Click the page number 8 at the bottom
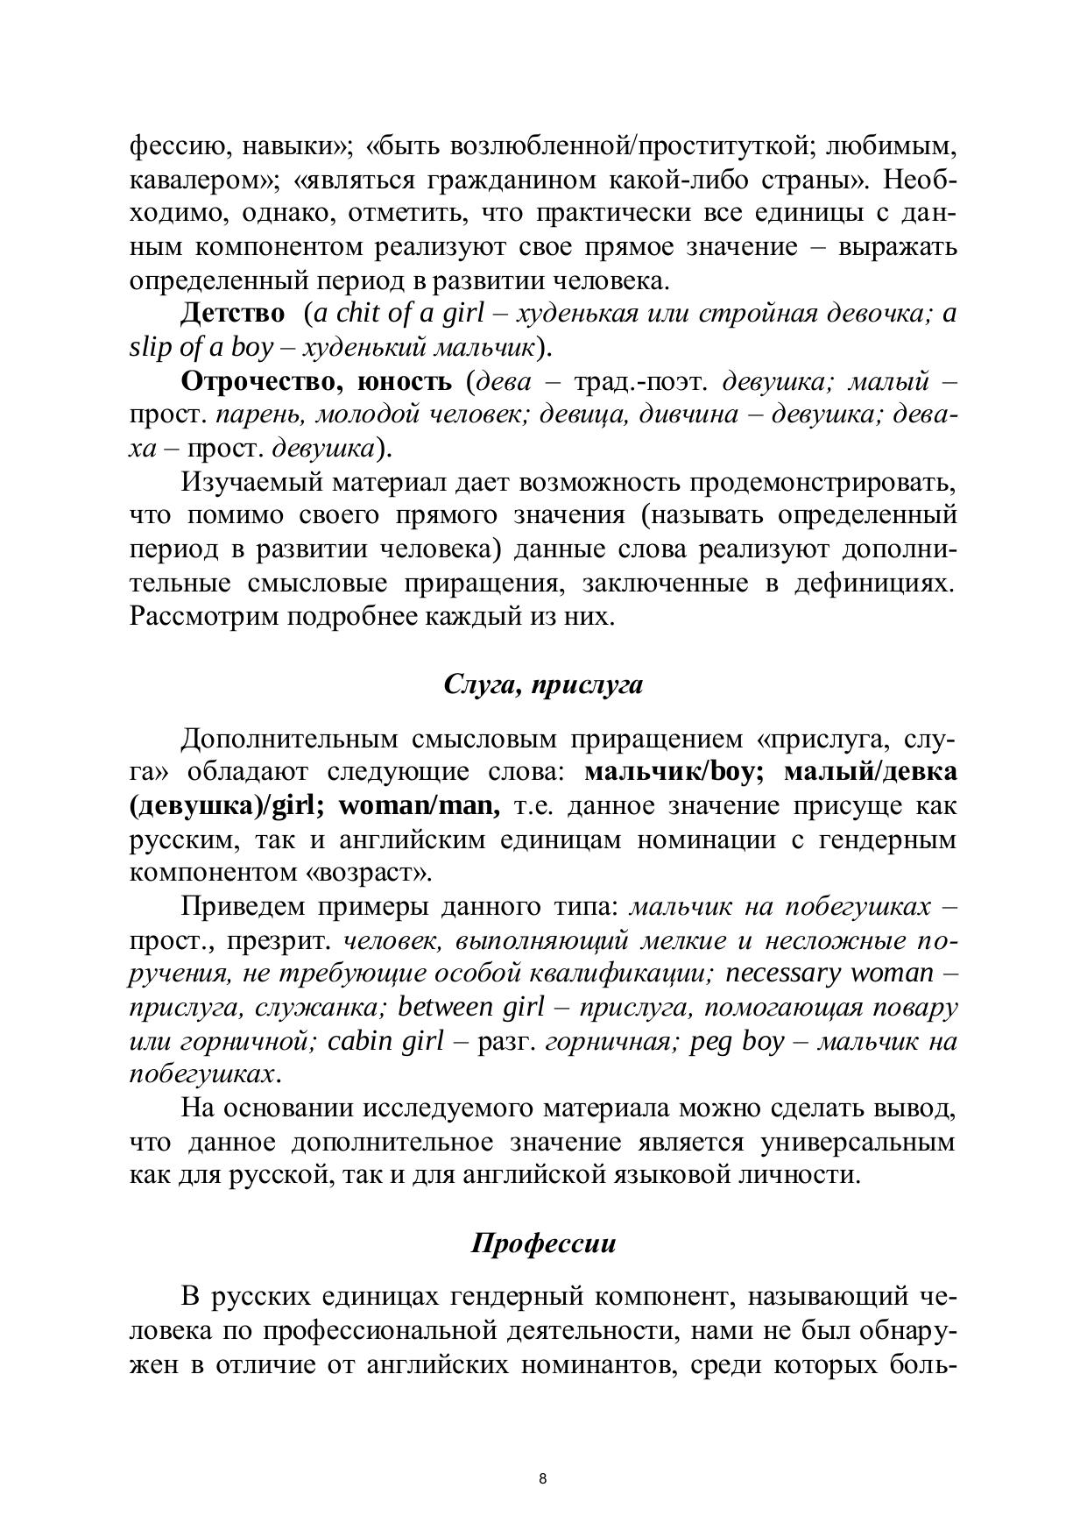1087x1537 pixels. [x=543, y=1479]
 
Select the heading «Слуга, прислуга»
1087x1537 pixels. [x=543, y=684]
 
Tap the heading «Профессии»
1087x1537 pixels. [x=543, y=1243]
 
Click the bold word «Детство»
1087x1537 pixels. [x=233, y=313]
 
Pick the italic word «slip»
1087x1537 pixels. [x=152, y=347]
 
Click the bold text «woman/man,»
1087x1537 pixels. [x=420, y=805]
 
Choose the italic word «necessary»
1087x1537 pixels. [x=785, y=974]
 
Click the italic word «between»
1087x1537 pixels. [x=446, y=1008]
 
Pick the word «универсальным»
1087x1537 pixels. [x=858, y=1143]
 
